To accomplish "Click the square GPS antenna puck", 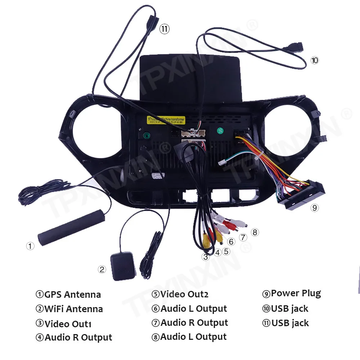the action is pos(122,265).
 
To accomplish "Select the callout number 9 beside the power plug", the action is pos(315,208).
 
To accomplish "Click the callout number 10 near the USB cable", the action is pos(315,60).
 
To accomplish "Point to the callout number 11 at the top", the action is pos(165,29).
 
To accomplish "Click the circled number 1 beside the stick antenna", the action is pos(30,246).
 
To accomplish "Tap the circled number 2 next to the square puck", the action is pos(102,269).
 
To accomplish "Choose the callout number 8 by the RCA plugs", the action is pos(255,232).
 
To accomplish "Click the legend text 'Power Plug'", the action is pos(292,293).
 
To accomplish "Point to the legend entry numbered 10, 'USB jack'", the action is pos(285,309).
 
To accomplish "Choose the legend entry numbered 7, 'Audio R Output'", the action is pos(190,323).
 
